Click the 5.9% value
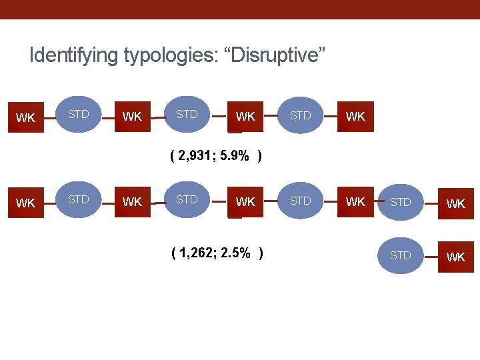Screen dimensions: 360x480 [236, 157]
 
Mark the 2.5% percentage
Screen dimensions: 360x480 [237, 253]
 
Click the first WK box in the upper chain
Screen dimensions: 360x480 [26, 117]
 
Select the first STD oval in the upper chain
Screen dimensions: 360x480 [79, 115]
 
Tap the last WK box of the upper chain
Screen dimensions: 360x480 [355, 117]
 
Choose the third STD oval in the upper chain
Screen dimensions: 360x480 [301, 115]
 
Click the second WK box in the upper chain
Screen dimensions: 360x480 [133, 117]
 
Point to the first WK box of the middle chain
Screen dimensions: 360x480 [26, 202]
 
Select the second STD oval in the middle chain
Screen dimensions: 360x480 [187, 200]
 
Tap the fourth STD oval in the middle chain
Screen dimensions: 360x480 [401, 202]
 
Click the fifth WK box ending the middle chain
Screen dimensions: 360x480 [456, 203]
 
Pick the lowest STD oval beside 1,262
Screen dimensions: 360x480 [401, 256]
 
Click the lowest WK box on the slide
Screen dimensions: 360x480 [456, 257]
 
